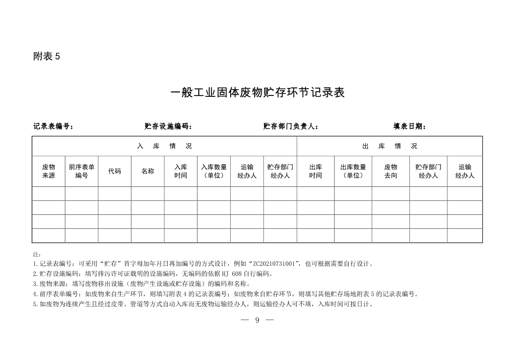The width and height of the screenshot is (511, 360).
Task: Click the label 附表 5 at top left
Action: [46, 56]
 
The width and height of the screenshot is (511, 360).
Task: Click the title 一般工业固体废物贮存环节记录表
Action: [257, 93]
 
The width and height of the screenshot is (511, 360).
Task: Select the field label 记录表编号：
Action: [53, 127]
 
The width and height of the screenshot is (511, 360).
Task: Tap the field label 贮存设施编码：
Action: [168, 127]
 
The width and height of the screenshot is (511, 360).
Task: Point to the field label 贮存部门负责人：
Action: [291, 127]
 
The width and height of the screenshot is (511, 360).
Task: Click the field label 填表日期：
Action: [409, 127]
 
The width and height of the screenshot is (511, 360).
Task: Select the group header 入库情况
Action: [164, 146]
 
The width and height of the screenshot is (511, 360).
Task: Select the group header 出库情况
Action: [389, 146]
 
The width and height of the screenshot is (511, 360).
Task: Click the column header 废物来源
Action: [48, 171]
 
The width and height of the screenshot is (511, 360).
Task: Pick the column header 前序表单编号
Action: [82, 171]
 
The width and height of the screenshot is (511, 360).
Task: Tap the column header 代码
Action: [114, 171]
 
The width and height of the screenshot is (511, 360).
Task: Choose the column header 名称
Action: [148, 171]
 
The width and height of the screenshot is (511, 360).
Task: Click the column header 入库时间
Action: [181, 171]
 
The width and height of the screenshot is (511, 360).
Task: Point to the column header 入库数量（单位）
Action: [214, 171]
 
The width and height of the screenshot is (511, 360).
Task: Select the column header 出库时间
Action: [315, 171]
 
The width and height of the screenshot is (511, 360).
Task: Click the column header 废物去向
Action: [390, 171]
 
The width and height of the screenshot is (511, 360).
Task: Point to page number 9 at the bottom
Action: [257, 320]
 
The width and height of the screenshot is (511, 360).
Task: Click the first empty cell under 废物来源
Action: [48, 194]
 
